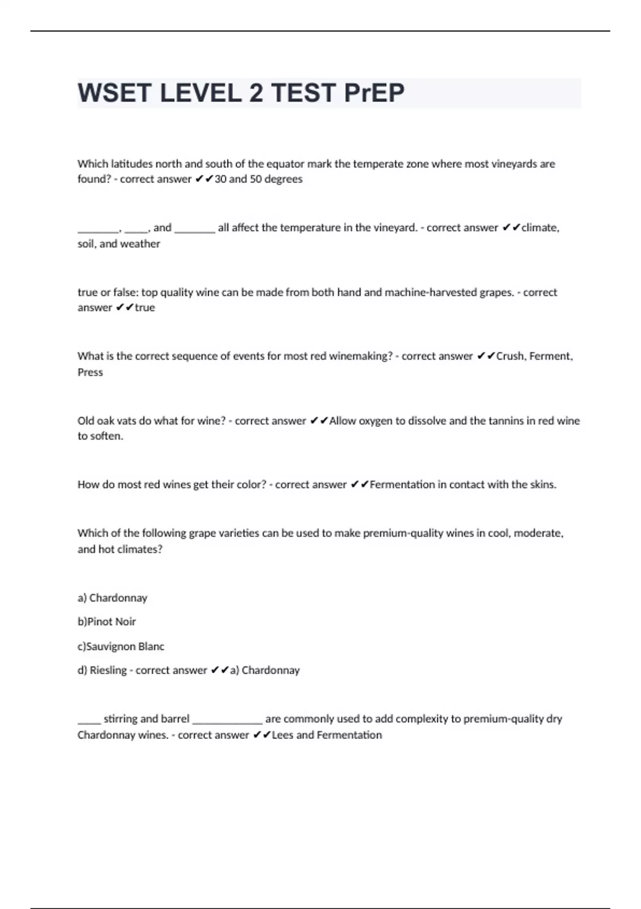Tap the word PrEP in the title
pos(374,93)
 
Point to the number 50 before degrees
pos(256,179)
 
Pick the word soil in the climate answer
pos(86,244)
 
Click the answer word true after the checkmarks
pos(145,308)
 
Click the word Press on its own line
pos(90,372)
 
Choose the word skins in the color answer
pos(542,485)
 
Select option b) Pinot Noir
pos(107,622)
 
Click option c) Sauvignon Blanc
pos(121,646)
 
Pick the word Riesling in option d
pos(107,671)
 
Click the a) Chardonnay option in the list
pos(113,598)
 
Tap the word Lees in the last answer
pos(283,735)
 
